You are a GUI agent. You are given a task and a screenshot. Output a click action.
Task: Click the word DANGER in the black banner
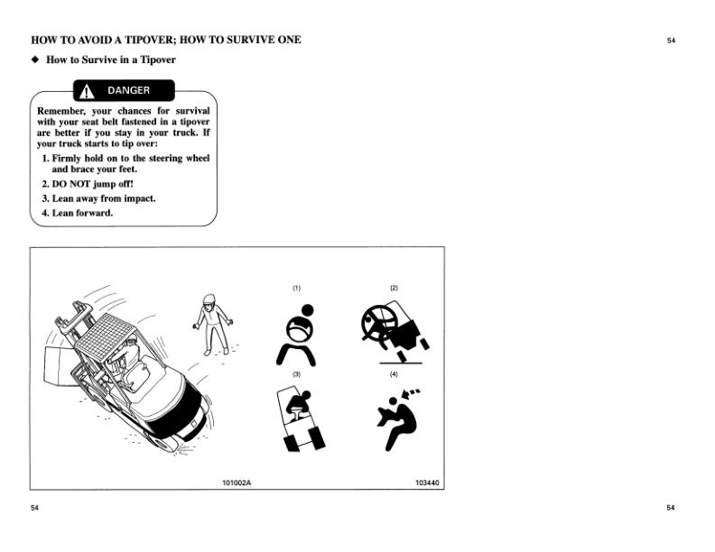pyautogui.click(x=129, y=91)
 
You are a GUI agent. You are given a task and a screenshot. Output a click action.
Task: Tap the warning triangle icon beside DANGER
pyautogui.click(x=88, y=91)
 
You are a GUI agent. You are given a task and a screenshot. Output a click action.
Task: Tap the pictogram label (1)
pyautogui.click(x=296, y=288)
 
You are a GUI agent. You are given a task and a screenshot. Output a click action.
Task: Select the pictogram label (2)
pyautogui.click(x=394, y=288)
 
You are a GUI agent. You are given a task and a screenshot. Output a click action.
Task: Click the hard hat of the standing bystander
pyautogui.click(x=209, y=300)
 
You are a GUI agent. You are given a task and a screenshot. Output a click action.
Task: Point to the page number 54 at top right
pyautogui.click(x=671, y=41)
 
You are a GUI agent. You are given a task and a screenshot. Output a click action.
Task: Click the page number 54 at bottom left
pyautogui.click(x=34, y=508)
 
